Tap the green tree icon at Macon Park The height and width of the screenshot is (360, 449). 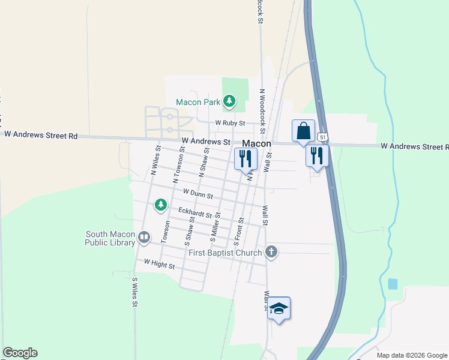(x=229, y=101)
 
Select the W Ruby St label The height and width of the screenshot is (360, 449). (x=231, y=123)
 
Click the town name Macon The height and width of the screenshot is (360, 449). (x=257, y=144)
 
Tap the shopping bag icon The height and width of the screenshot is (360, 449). (x=303, y=131)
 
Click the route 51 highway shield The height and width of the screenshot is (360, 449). (x=323, y=137)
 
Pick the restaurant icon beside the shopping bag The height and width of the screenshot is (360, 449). (x=317, y=156)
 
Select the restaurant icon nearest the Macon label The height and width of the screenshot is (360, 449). (x=246, y=159)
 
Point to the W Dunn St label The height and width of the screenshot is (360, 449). (x=198, y=194)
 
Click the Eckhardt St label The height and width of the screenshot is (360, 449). (x=195, y=213)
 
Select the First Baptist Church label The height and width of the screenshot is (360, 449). (x=225, y=253)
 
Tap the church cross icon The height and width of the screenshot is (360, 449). (x=271, y=252)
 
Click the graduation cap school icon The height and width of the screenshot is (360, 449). (x=279, y=308)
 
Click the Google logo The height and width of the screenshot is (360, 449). (x=20, y=353)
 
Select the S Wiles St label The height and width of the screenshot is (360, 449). (x=135, y=292)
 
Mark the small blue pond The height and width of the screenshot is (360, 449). (x=393, y=284)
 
